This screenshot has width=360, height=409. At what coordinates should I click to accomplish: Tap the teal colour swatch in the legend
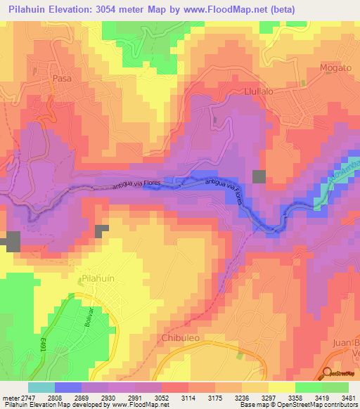(41, 387)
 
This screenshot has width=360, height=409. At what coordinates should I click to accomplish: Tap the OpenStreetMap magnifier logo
(328, 373)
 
